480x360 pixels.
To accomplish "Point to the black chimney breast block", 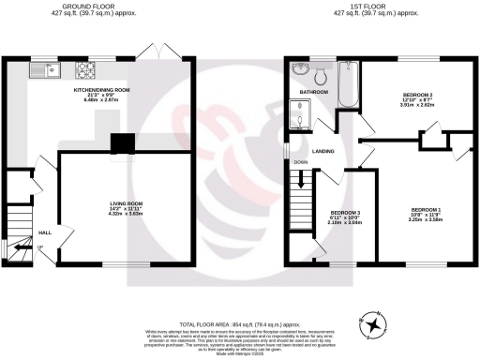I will [x=122, y=142].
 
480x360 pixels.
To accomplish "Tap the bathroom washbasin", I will [x=299, y=69].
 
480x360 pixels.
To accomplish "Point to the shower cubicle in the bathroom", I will [x=301, y=115].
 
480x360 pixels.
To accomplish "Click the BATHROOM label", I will [x=314, y=93].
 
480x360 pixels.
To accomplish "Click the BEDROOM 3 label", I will [x=347, y=214].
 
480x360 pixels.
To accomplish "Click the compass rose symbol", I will [x=375, y=324].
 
